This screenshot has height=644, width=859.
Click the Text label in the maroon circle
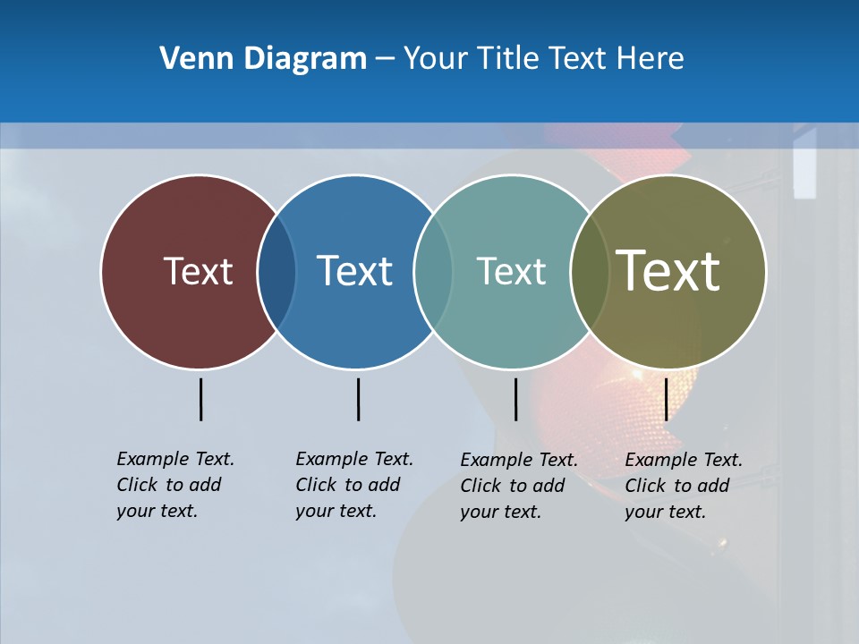[x=198, y=271]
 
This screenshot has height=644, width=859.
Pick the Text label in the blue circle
[x=354, y=271]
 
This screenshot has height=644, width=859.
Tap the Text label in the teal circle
[x=511, y=271]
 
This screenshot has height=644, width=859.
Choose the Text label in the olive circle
[x=668, y=271]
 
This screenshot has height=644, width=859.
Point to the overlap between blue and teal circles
[x=433, y=271]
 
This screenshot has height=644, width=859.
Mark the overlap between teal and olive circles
[x=590, y=271]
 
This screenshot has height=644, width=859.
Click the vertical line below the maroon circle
[x=200, y=399]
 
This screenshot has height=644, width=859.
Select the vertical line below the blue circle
[x=358, y=399]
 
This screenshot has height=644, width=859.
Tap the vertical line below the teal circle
[x=515, y=399]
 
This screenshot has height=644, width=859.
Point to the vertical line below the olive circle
[x=666, y=399]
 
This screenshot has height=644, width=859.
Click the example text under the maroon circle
[x=174, y=485]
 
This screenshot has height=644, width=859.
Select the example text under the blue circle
[x=353, y=485]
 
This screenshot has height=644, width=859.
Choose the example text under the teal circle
[x=518, y=486]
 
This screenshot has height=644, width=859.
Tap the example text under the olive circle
[x=683, y=486]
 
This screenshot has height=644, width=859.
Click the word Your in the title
[x=436, y=59]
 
